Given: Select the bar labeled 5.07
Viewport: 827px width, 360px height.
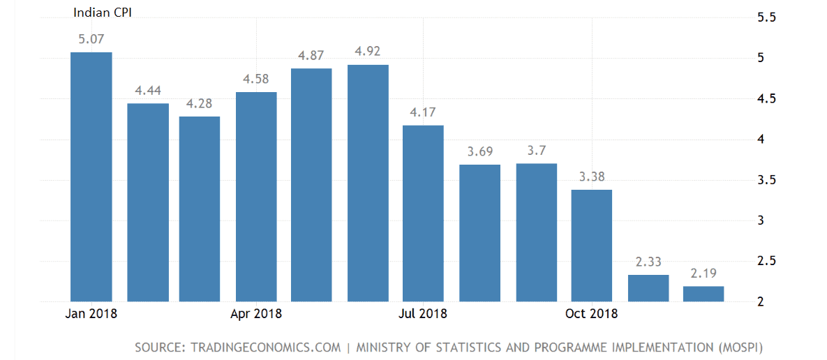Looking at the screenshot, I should (91, 177).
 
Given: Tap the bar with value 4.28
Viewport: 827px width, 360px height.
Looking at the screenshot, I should (200, 209).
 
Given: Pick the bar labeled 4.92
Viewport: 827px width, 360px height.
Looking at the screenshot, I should (368, 183).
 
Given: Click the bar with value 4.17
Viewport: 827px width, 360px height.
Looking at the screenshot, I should (423, 213).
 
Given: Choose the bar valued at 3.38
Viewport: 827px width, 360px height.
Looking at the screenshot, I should (591, 245).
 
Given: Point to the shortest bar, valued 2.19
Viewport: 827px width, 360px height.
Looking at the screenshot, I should (703, 294).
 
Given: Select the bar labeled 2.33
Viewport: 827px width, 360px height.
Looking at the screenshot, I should (648, 288).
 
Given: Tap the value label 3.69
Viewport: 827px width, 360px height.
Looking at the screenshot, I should (481, 151).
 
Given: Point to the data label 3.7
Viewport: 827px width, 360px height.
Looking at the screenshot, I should (537, 151).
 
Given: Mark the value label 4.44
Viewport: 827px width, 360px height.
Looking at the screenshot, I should (147, 91).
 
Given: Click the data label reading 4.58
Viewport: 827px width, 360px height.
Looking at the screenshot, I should (256, 80).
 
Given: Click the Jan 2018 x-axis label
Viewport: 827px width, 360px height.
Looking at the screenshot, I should (91, 313).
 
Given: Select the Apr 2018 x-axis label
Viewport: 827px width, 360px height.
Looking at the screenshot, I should (256, 313).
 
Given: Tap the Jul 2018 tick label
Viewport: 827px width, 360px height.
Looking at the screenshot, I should (423, 313).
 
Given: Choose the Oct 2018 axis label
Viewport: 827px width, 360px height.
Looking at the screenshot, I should (591, 313).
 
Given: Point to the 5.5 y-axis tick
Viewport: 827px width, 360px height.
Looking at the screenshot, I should (766, 17).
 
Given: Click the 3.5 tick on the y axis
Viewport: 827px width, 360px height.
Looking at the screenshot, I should (766, 181).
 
